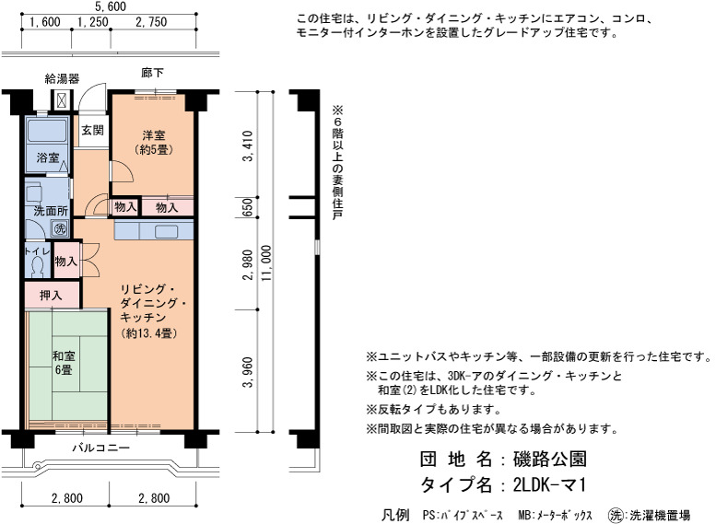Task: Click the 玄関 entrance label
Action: pyautogui.click(x=93, y=131)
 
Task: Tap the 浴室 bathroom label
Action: pyautogui.click(x=48, y=157)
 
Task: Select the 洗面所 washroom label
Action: pyautogui.click(x=51, y=211)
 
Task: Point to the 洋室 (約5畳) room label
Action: pyautogui.click(x=154, y=142)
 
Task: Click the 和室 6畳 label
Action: pyautogui.click(x=64, y=363)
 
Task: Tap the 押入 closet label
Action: pyautogui.click(x=51, y=296)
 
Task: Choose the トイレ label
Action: pyautogui.click(x=38, y=251)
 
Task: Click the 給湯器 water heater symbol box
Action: pyautogui.click(x=62, y=100)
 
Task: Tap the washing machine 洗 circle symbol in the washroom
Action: pyautogui.click(x=60, y=228)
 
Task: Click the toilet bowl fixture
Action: pyautogui.click(x=38, y=267)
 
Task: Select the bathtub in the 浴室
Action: pyautogui.click(x=47, y=131)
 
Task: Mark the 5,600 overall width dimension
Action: pyautogui.click(x=110, y=6)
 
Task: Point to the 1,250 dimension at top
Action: pyautogui.click(x=93, y=22)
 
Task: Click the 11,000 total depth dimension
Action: pyautogui.click(x=266, y=262)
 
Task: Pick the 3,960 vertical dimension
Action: pyautogui.click(x=248, y=371)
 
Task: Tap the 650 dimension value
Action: pyautogui.click(x=247, y=207)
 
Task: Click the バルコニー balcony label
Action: pyautogui.click(x=101, y=448)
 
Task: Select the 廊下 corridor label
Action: pyautogui.click(x=153, y=73)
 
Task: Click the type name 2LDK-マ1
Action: pyautogui.click(x=549, y=484)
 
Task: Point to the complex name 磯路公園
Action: pyautogui.click(x=550, y=459)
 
